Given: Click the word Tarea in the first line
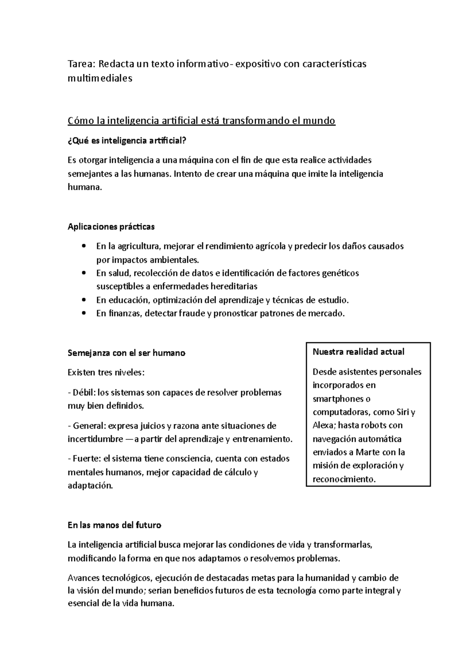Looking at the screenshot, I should pyautogui.click(x=81, y=64).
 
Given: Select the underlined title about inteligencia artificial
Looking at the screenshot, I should pyautogui.click(x=201, y=121).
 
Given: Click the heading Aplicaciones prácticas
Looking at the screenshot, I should pyautogui.click(x=111, y=227).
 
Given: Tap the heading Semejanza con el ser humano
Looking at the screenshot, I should pyautogui.click(x=126, y=353).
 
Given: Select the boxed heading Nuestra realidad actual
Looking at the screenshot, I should pyautogui.click(x=358, y=352).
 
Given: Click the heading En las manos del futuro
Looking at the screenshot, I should pyautogui.click(x=115, y=526).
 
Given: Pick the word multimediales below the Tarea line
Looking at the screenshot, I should pyautogui.click(x=100, y=78).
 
